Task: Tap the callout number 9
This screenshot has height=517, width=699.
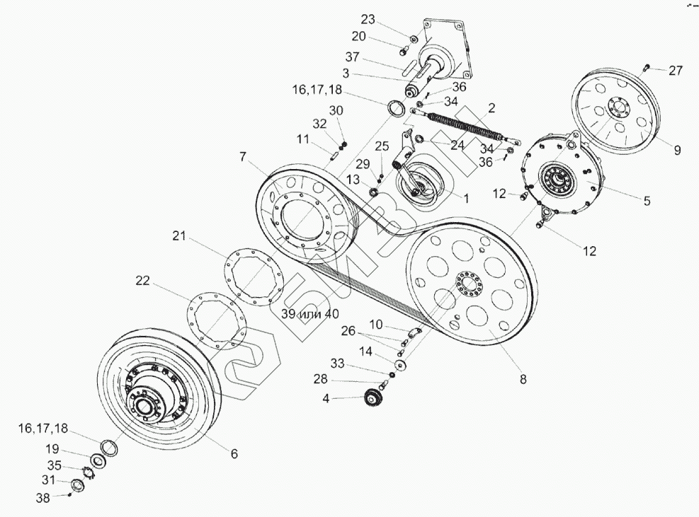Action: coord(677,149)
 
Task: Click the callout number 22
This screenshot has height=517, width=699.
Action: coord(143,281)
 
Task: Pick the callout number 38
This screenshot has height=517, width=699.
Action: coord(44,497)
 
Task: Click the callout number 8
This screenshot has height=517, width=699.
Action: coord(523,380)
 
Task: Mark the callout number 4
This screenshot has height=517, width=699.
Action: coord(326,398)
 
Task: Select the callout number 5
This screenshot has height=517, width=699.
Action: coord(647,200)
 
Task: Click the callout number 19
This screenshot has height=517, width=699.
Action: coord(54,449)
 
